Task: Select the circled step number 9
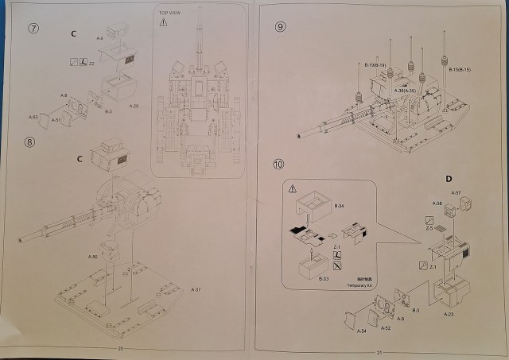point(280,26)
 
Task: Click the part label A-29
point(133,104)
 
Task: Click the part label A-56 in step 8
point(91,257)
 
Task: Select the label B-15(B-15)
point(460,70)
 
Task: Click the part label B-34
point(338,206)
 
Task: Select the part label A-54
point(361,330)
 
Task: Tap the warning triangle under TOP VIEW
point(163,23)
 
